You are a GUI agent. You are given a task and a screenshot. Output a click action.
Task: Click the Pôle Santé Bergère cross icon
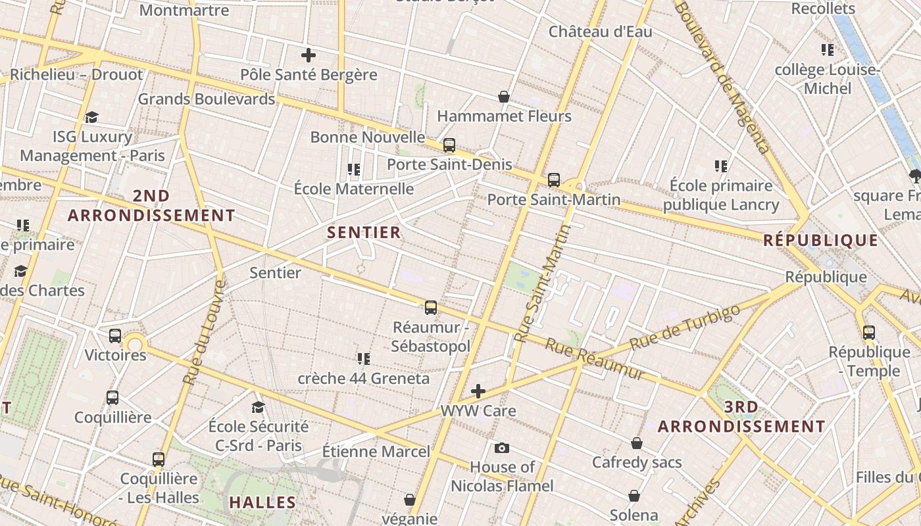coord(308,55)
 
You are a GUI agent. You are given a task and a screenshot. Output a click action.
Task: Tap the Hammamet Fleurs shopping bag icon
coord(504,97)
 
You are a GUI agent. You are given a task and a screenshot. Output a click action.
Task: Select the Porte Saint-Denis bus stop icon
coord(449,145)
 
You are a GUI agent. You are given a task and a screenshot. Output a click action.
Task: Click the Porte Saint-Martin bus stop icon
coord(554,180)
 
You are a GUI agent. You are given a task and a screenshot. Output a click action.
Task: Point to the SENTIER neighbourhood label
coord(364,232)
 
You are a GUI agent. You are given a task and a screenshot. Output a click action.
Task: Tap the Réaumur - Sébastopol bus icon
coord(431,307)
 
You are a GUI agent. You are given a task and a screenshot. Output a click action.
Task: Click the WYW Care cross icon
coord(478,392)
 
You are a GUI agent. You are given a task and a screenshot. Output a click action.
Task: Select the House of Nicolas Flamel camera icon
coord(502,448)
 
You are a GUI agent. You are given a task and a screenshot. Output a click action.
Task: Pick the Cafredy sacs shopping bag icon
coord(637,443)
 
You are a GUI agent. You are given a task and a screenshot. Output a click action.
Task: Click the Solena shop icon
coord(634,496)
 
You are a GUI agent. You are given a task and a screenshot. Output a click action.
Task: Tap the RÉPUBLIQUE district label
coord(820,240)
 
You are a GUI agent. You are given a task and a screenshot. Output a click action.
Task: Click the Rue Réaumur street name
coord(595,359)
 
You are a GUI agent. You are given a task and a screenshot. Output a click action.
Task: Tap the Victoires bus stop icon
coord(115,336)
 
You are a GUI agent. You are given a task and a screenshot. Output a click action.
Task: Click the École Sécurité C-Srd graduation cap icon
coord(258,408)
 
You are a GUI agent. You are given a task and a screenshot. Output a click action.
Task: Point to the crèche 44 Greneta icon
coord(363,359)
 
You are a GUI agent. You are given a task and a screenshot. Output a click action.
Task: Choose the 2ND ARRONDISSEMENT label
coord(151,206)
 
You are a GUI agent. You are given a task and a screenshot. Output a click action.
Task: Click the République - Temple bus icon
coord(869,333)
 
